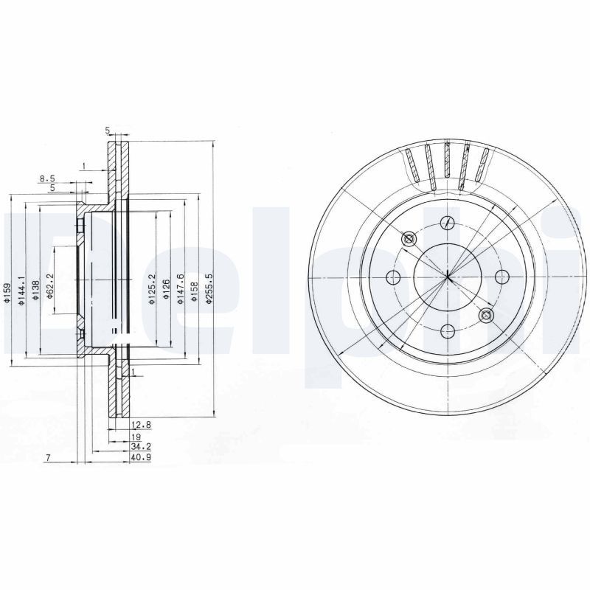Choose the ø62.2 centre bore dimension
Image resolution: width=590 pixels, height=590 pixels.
[49, 286]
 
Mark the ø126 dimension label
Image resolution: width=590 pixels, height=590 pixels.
[166, 288]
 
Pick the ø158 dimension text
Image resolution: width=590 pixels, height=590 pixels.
[194, 289]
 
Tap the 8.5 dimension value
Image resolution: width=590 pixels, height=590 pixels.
[47, 178]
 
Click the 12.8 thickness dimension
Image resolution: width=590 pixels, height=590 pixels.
[141, 425]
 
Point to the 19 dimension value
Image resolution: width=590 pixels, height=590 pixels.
[136, 436]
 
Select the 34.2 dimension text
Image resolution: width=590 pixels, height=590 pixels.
[140, 447]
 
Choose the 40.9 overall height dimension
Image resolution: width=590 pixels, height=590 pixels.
[140, 458]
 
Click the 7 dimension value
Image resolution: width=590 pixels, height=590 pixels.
[46, 458]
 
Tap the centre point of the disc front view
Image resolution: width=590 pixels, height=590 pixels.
[448, 277]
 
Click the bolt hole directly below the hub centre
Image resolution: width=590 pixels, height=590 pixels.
[448, 332]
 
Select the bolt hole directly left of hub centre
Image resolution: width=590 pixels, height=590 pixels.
[393, 277]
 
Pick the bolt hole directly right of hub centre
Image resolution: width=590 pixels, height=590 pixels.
[502, 277]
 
